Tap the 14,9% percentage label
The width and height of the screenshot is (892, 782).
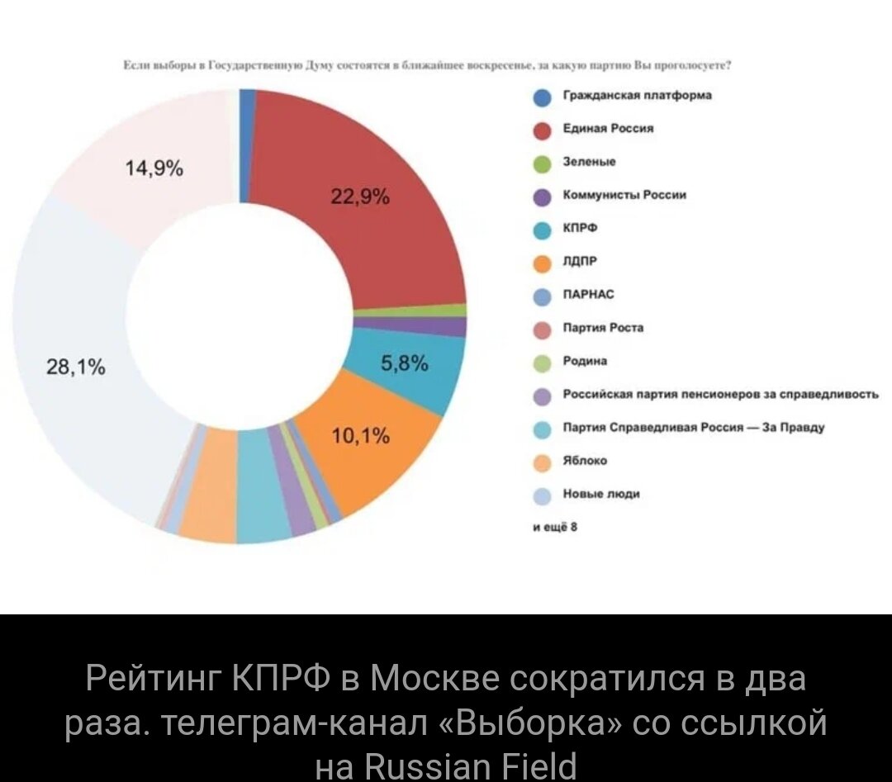pyautogui.click(x=154, y=170)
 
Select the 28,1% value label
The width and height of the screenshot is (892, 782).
pyautogui.click(x=76, y=368)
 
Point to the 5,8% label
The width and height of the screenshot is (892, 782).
pyautogui.click(x=405, y=363)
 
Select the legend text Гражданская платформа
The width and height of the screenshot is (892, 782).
pyautogui.click(x=637, y=95)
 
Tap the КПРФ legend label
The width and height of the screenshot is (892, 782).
pyautogui.click(x=580, y=228)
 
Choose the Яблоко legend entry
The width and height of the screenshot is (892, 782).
pyautogui.click(x=585, y=461)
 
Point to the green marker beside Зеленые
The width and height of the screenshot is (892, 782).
pyautogui.click(x=542, y=164)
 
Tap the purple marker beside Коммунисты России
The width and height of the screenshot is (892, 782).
pyautogui.click(x=542, y=197)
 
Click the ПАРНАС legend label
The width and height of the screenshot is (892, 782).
pyautogui.click(x=588, y=294)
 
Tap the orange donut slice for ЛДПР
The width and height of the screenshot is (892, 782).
pyautogui.click(x=388, y=462)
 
